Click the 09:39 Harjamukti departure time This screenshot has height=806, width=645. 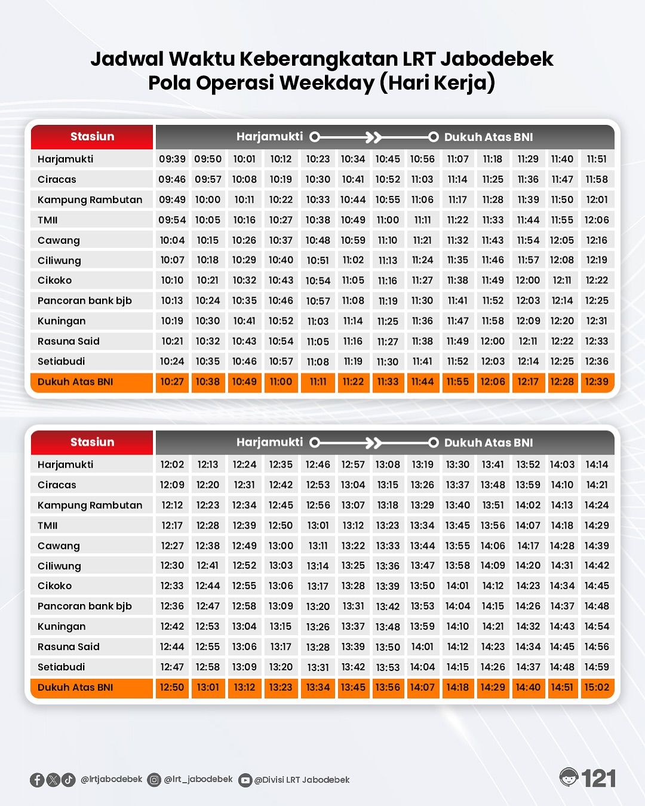pos(172,159)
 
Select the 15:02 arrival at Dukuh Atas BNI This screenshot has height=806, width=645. pos(597,687)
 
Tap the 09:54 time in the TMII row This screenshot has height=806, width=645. pos(172,220)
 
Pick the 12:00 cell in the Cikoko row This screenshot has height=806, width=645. pos(528,280)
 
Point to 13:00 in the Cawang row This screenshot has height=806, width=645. pos(281,545)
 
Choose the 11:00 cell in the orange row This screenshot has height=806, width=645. pos(281,382)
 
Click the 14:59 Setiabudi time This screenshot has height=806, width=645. pos(597,667)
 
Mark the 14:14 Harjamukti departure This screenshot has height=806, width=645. pos(597,464)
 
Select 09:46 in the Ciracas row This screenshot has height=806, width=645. pos(172,179)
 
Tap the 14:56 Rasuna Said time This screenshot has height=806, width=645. pos(597,646)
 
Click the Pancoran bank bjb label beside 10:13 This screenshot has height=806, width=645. pos(85,301)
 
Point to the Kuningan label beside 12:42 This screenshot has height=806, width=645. pos(62,626)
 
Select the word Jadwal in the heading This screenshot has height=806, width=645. pos(127,59)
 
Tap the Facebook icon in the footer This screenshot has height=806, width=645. pos(37,780)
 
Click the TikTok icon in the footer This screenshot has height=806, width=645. pos(69,780)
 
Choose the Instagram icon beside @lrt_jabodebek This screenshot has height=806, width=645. pos(154,780)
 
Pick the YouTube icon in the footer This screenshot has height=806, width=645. pos(245,780)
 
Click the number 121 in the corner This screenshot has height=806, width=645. pos(598,779)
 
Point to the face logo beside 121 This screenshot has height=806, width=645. pos(569,777)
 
